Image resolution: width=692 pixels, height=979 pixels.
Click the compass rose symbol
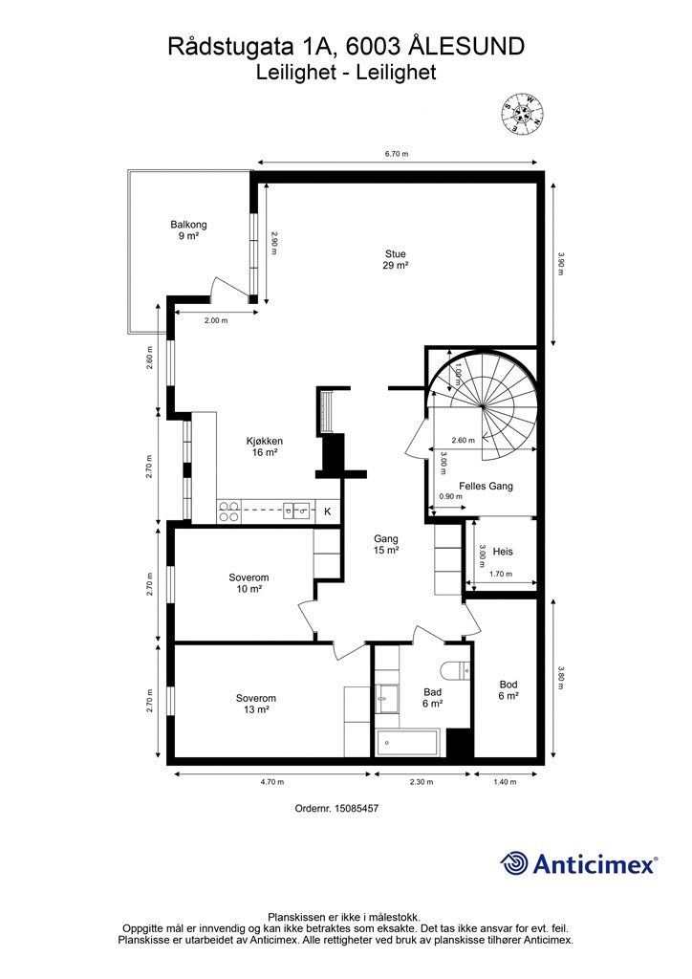pos(524,114)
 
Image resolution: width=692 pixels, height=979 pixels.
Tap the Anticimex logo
pos(579,863)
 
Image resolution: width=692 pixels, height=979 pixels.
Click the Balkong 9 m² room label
pos(188,230)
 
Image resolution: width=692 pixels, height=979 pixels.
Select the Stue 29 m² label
pos(396,260)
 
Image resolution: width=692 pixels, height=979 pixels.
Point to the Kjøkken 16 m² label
pos(265,447)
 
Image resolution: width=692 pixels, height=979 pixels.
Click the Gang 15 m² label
pos(386,544)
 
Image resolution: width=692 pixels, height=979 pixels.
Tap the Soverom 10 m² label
pos(249,583)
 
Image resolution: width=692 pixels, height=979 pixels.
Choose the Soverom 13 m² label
pos(256,704)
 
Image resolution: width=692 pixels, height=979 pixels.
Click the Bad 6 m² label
pos(432,697)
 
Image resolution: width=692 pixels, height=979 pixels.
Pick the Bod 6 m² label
pos(508,690)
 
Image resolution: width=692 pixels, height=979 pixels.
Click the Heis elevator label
pos(503,552)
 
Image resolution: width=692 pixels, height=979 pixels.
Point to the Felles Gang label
pos(487,486)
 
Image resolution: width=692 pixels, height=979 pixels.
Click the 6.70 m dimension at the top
pos(397,154)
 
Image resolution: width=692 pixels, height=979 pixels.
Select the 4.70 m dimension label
pos(272,782)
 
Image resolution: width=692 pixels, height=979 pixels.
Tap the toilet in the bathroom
pos(456,671)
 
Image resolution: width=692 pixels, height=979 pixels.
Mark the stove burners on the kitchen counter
pos(228,511)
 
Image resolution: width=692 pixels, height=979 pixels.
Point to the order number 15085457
pos(337,808)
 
